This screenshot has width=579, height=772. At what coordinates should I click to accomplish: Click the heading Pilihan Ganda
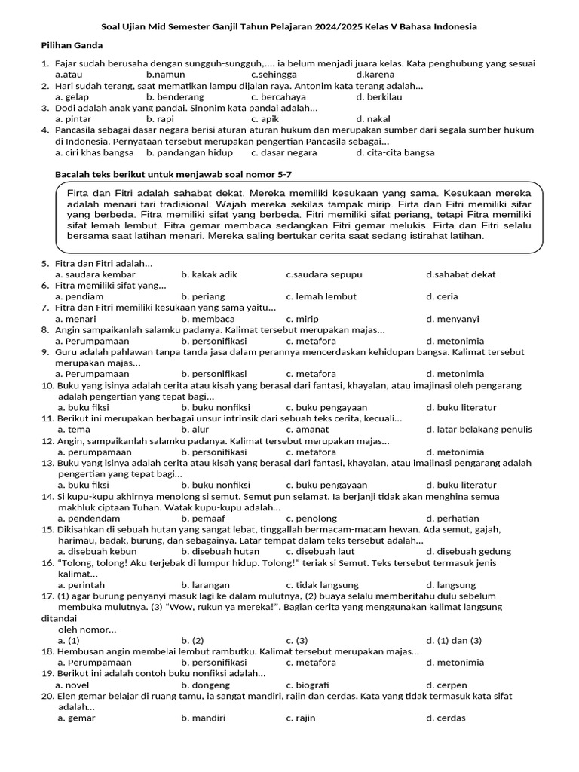pos(72,45)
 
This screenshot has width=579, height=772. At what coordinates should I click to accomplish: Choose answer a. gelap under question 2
pos(72,97)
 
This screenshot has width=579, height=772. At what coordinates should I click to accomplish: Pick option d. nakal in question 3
pos(373,119)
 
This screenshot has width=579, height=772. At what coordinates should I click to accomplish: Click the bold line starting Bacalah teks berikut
pos(173,175)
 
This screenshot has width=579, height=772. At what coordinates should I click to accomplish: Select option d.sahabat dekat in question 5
pos(461,274)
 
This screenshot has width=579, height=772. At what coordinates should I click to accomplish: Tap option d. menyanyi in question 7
pos(452,319)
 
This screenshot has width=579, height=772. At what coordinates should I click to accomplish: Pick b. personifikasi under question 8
pos(213,341)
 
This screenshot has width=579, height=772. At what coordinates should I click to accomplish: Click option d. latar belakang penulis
pos(479,430)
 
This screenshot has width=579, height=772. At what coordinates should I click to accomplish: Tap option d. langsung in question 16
pos(451,585)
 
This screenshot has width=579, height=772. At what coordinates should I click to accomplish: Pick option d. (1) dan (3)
pos(454,640)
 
